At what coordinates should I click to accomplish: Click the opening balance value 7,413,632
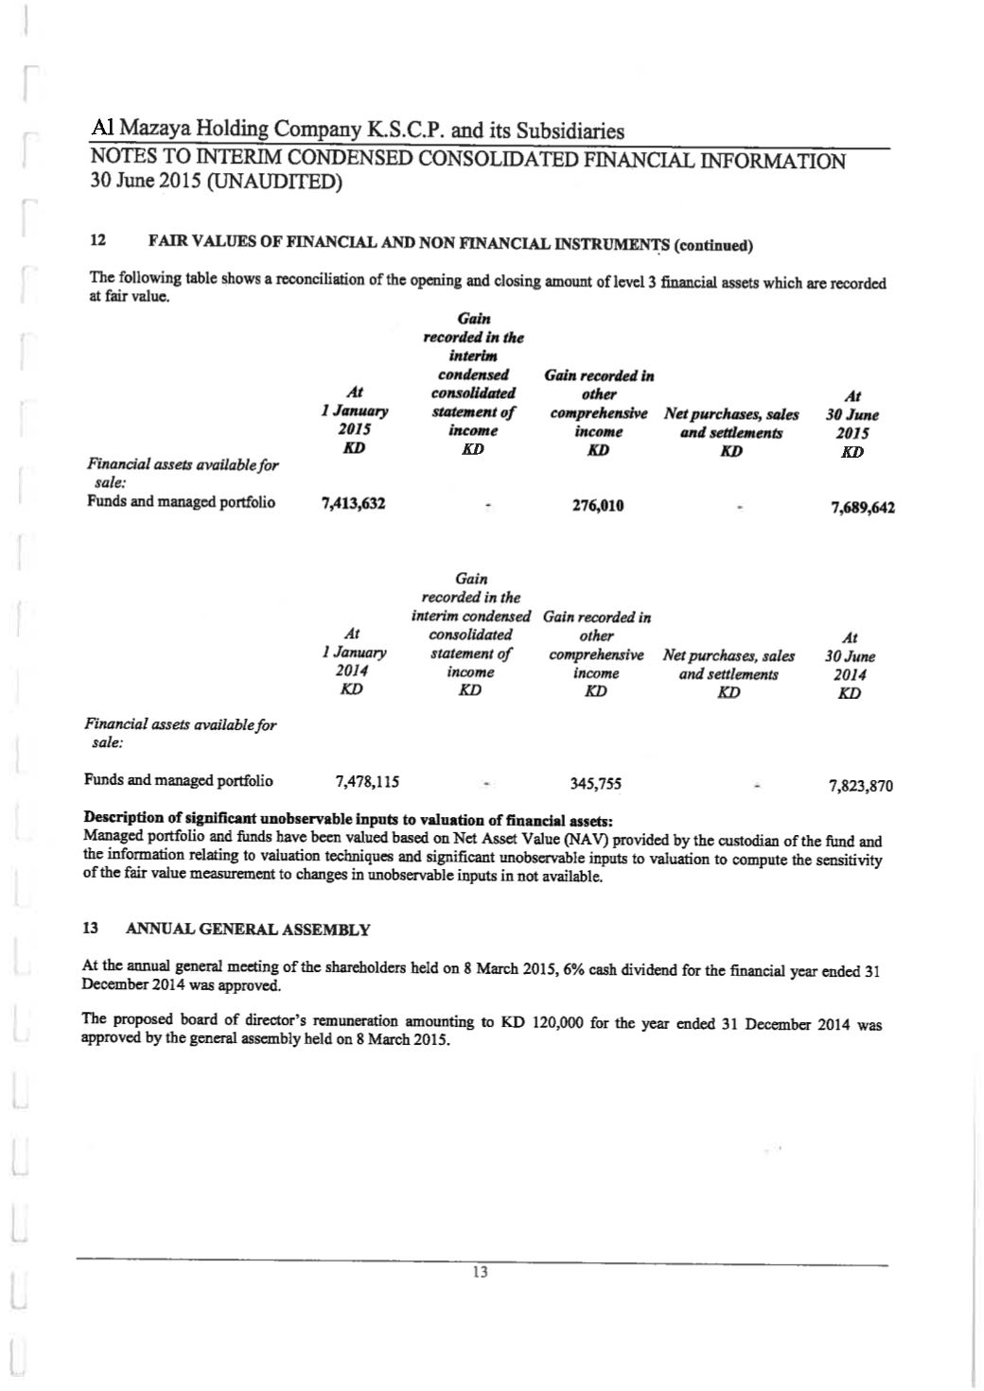click(x=353, y=504)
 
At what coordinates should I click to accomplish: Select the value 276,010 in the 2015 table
click(x=598, y=505)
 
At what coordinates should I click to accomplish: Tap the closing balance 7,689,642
click(x=862, y=508)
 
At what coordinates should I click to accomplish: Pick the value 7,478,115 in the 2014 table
click(x=367, y=781)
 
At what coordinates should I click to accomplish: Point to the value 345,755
click(x=595, y=784)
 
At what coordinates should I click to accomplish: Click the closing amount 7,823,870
click(x=860, y=786)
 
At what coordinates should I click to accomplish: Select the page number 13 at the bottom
click(x=480, y=1272)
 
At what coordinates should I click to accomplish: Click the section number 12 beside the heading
click(x=96, y=242)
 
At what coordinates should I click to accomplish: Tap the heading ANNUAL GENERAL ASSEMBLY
click(x=248, y=929)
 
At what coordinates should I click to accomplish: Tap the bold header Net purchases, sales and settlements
click(x=730, y=424)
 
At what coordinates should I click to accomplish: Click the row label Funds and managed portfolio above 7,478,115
click(x=179, y=780)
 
